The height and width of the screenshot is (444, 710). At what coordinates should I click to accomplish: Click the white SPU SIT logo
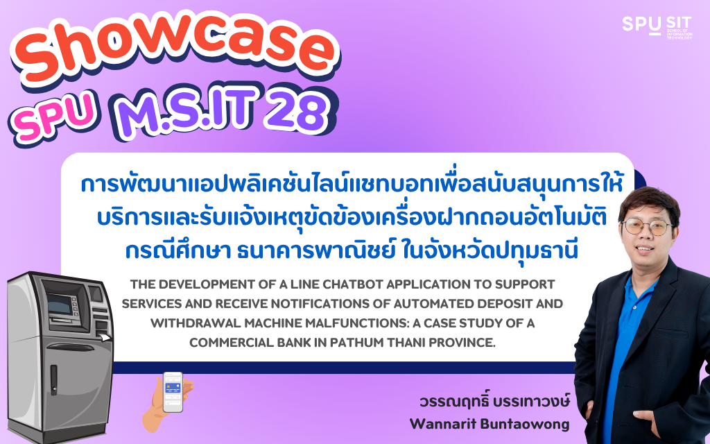(657, 26)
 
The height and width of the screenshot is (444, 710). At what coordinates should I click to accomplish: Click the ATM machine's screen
(60, 304)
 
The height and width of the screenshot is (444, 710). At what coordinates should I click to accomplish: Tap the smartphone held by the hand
(173, 391)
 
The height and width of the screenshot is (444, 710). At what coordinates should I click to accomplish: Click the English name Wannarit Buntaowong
(490, 424)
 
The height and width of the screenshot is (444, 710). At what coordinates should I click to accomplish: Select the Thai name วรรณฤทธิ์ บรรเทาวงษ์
(494, 401)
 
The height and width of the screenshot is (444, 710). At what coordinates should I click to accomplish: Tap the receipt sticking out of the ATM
(105, 337)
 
